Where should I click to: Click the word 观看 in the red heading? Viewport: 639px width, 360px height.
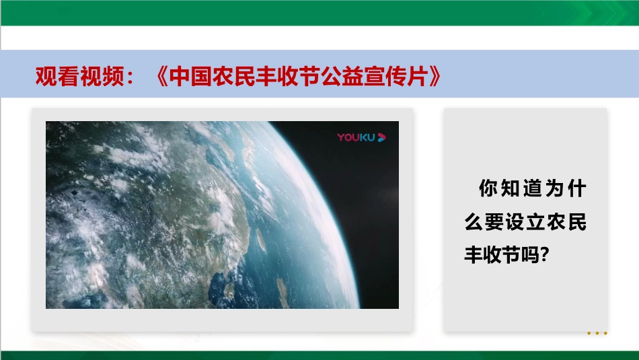click(57, 76)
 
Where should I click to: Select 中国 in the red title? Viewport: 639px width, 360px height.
click(190, 76)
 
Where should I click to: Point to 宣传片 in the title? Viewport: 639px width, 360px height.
click(396, 76)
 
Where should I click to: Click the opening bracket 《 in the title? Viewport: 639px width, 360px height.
click(161, 76)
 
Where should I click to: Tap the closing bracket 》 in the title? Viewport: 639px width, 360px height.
click(435, 76)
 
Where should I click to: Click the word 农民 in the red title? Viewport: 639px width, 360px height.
click(233, 76)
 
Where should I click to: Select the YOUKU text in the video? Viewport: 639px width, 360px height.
click(356, 137)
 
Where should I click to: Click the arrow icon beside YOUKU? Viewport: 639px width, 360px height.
click(381, 137)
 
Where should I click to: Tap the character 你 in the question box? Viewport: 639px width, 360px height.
click(488, 188)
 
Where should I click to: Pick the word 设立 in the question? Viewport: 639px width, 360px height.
click(526, 222)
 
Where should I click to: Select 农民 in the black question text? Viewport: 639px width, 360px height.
click(567, 222)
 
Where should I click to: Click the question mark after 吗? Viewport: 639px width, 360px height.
click(545, 255)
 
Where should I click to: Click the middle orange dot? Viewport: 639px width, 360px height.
click(597, 333)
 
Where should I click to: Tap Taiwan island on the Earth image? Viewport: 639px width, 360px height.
click(260, 240)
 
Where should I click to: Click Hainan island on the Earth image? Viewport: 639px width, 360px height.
click(230, 290)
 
